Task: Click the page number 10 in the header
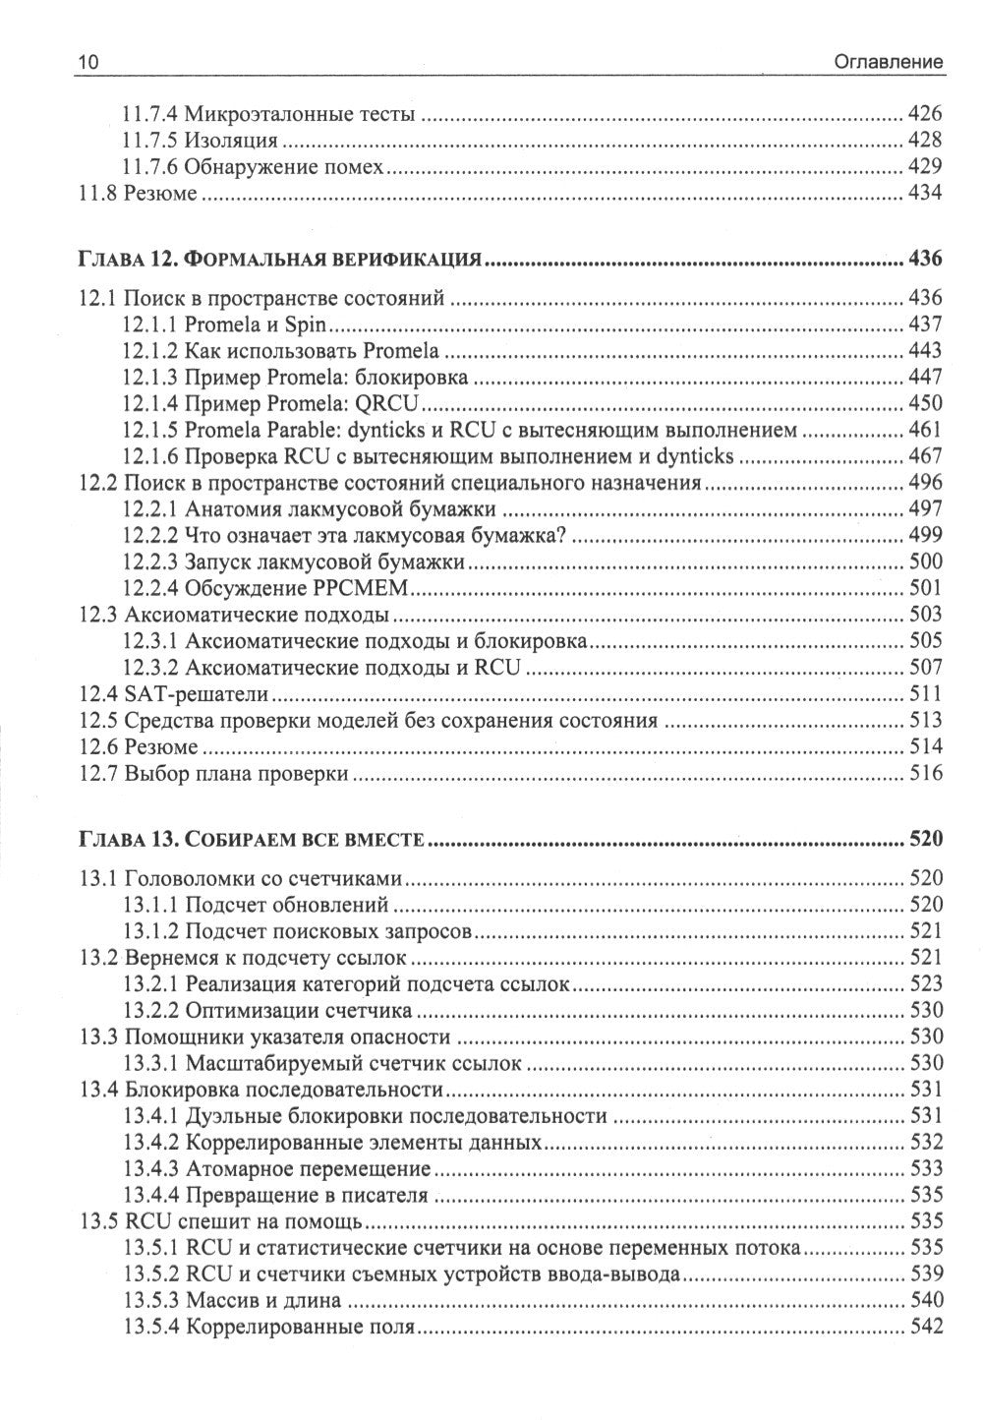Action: (87, 62)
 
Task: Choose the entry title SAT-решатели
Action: (197, 694)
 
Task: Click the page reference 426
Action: (925, 114)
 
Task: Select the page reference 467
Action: (925, 455)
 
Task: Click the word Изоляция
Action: (231, 141)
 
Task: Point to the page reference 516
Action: (925, 774)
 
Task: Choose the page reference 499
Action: (925, 535)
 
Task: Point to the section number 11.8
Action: (97, 194)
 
